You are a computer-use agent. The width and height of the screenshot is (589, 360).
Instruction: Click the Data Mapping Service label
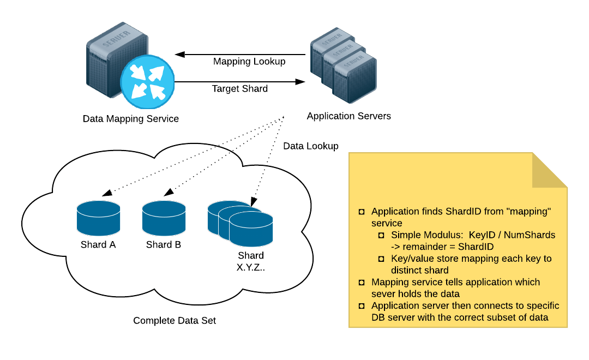tap(130, 118)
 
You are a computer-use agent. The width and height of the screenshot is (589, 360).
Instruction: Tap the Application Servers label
tap(348, 116)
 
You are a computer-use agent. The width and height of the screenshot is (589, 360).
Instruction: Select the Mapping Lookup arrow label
tap(249, 62)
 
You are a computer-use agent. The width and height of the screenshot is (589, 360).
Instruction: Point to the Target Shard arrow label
tap(239, 88)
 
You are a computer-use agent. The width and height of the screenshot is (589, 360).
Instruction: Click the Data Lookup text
tap(310, 146)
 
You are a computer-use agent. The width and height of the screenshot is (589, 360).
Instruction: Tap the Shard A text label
tap(98, 244)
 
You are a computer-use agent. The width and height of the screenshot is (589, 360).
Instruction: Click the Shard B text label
tap(164, 244)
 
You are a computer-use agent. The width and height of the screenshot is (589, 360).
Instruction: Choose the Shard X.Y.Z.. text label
tap(250, 261)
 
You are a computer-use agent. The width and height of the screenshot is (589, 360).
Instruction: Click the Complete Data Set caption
tap(175, 321)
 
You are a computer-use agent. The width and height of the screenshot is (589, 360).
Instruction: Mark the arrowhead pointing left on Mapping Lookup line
tap(179, 55)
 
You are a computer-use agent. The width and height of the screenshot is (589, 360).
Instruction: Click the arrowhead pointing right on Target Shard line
tap(300, 82)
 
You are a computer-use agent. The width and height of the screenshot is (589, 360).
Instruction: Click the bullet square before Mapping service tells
tap(361, 283)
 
